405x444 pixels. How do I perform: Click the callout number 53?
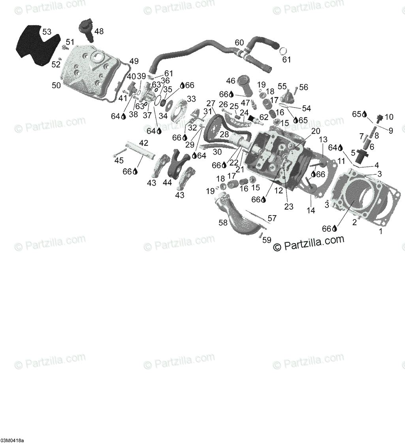click(x=47, y=32)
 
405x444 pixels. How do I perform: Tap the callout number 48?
click(x=99, y=31)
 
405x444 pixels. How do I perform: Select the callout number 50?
click(x=56, y=85)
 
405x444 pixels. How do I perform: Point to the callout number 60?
click(x=239, y=42)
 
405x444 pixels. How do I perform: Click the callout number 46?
click(x=231, y=81)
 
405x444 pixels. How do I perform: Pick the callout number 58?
click(x=223, y=223)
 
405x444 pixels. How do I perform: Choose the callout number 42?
click(x=143, y=143)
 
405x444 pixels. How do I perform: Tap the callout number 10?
click(x=389, y=117)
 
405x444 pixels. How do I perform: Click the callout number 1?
click(x=381, y=232)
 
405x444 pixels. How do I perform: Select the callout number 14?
click(x=311, y=210)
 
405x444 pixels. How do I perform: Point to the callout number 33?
click(x=191, y=98)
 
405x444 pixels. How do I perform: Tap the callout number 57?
click(x=272, y=218)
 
